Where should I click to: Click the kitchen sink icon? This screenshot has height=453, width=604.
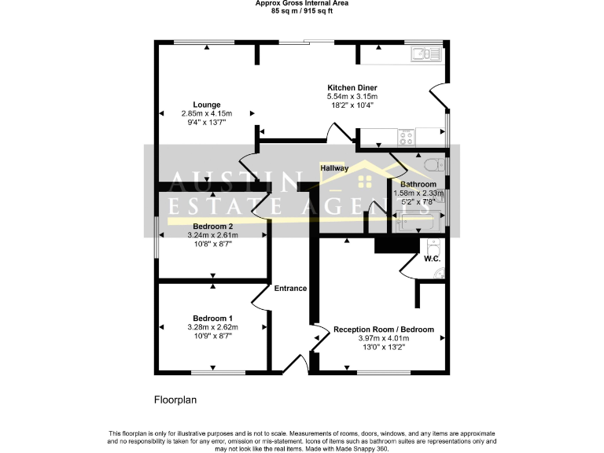[x=425, y=53]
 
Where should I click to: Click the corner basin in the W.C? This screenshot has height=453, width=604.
[x=439, y=272]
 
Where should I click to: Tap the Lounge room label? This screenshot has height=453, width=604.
[x=207, y=105]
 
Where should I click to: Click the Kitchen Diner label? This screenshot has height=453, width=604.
[x=352, y=87]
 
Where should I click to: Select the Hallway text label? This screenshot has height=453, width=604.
[x=334, y=168]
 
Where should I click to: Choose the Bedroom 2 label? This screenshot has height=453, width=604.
[x=212, y=226]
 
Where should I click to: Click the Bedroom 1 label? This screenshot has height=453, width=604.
[x=212, y=319]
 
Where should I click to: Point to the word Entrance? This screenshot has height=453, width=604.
[x=290, y=289]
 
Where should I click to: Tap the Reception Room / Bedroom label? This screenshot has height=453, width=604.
[x=384, y=330]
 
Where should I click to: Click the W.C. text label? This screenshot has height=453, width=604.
[x=432, y=258]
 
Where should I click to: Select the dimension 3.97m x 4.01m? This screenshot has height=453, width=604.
[x=384, y=338]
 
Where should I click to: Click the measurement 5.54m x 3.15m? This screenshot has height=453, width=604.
[x=352, y=96]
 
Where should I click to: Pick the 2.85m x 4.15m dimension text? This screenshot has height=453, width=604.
[x=207, y=113]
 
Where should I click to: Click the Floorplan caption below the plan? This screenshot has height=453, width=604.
[x=175, y=400]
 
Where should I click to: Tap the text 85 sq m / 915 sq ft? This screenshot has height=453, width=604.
[x=302, y=12]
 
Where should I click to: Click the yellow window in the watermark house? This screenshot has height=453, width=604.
[x=364, y=182]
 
